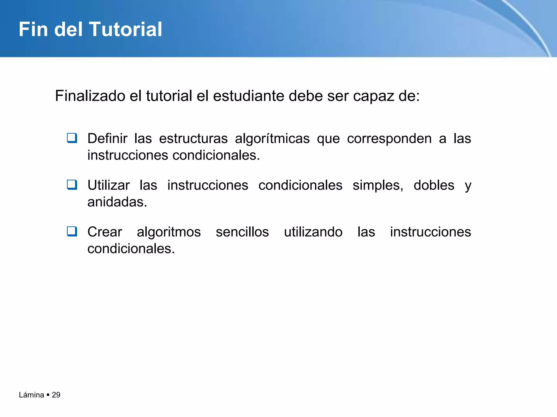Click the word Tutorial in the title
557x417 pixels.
125,29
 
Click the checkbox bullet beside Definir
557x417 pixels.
72,138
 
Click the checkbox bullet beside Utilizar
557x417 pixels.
72,185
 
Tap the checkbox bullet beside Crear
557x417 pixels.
72,231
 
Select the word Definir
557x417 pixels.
107,138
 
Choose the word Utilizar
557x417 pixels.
109,185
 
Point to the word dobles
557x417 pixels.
434,185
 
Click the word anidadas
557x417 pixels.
117,202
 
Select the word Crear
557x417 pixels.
105,232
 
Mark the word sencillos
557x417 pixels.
242,232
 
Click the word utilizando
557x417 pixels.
313,232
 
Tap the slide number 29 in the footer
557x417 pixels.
56,395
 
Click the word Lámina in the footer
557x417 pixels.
31,395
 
